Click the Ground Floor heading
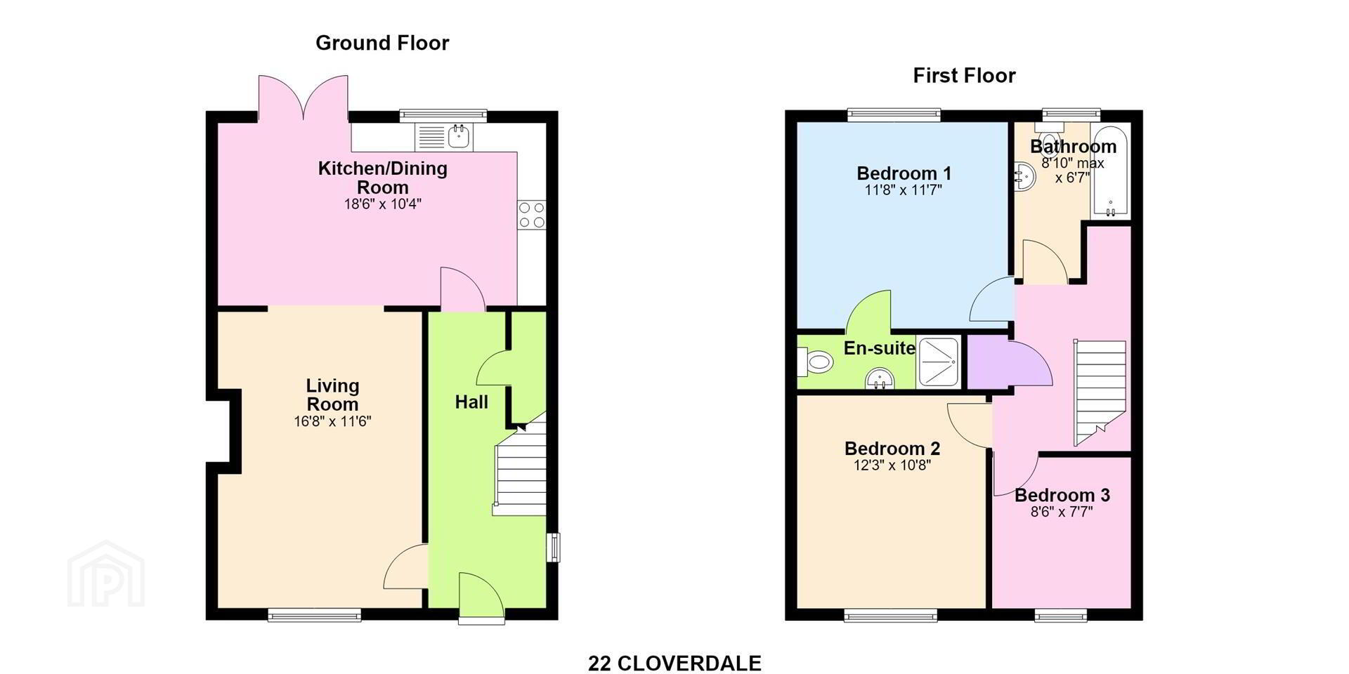tap(382, 44)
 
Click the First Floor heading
tap(964, 76)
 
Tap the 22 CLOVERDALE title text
tap(674, 663)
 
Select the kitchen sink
tap(445, 136)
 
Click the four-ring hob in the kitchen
tap(531, 215)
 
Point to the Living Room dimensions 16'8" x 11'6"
tap(332, 422)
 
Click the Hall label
tap(471, 402)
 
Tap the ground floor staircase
tap(520, 467)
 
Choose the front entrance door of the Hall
tap(481, 597)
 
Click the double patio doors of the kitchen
tap(304, 98)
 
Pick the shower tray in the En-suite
tap(938, 362)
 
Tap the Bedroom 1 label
tap(904, 173)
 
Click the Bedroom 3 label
tap(1062, 495)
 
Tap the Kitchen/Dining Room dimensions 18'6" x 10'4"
tap(382, 204)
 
